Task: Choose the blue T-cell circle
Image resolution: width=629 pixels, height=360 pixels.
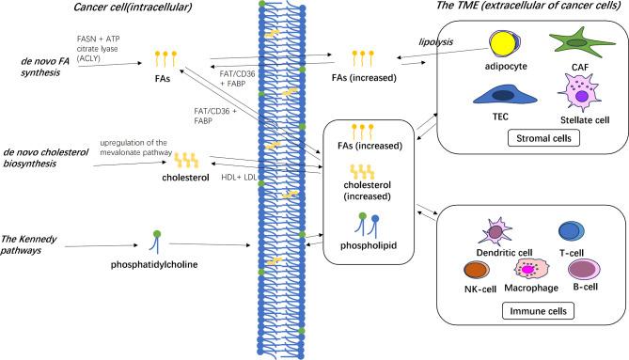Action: pyautogui.click(x=571, y=231)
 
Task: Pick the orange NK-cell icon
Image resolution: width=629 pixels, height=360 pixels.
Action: pyautogui.click(x=480, y=271)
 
